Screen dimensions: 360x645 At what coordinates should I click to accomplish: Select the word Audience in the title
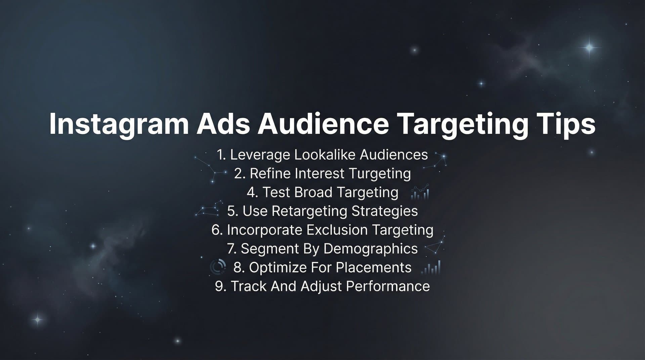(323, 124)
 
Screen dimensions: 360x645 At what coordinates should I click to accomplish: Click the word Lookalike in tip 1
(325, 155)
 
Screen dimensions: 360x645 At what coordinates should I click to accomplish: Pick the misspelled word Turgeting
(380, 174)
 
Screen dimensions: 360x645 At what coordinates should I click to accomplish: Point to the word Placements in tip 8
(374, 268)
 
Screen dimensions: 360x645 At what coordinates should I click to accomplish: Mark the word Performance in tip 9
(388, 286)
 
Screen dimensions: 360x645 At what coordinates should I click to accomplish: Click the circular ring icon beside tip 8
(218, 267)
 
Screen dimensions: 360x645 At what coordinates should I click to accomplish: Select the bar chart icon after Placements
(431, 268)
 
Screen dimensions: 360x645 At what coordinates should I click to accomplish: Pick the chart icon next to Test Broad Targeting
(420, 192)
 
